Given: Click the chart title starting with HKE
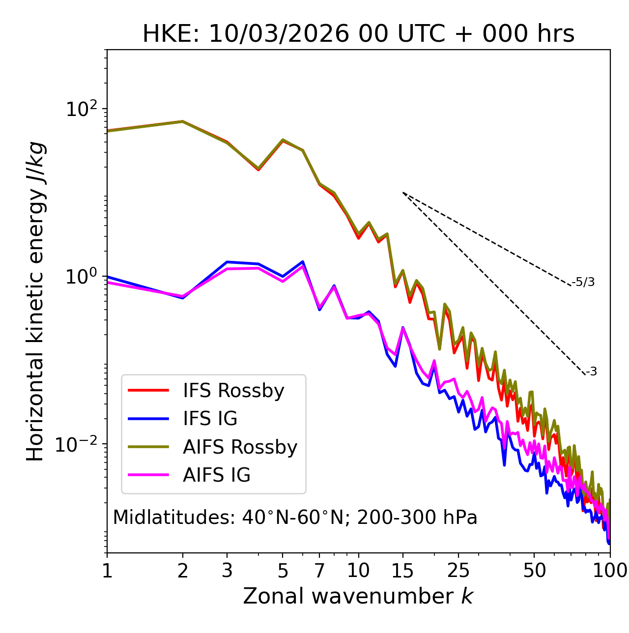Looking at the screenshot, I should coord(358,34).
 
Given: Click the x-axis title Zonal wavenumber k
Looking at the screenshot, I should coord(358,596).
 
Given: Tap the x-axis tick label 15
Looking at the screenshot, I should coord(403,571).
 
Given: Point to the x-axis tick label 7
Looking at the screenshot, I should coord(319,571).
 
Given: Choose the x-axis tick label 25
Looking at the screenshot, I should coord(458,571).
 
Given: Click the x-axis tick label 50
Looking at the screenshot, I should coord(534,571).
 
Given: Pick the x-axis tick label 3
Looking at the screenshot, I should coord(227,571).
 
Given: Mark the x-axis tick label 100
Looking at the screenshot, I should coord(610,571).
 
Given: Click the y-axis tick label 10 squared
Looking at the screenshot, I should coord(81,109).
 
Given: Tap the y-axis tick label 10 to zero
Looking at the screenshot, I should coord(81,277).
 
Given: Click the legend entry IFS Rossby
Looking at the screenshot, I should coord(233,391).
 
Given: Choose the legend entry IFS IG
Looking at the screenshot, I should coord(210,419).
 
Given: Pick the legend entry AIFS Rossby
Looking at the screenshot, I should coord(240,447).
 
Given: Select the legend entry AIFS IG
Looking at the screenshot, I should coord(216,475).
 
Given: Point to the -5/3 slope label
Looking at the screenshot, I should coord(583,282).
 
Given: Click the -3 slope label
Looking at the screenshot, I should coord(591,372).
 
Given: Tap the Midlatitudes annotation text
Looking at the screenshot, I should coord(295,518).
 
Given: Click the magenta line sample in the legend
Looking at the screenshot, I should coord(148,475).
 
